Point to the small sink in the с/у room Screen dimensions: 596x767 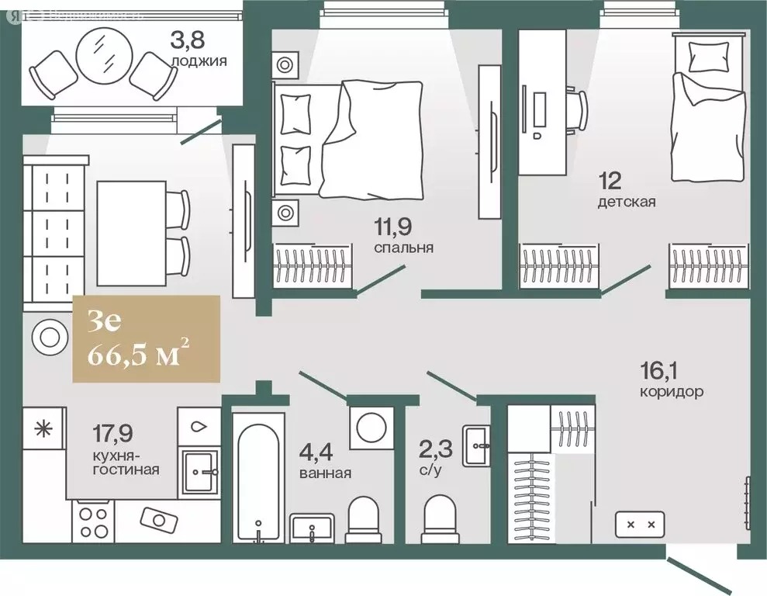tap(477, 445)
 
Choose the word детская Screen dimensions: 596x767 tap(627, 203)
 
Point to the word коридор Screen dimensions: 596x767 tap(672, 391)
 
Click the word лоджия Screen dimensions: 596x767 tap(199, 59)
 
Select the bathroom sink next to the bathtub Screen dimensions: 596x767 tap(313, 531)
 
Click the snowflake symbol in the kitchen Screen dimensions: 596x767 tap(43, 428)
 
